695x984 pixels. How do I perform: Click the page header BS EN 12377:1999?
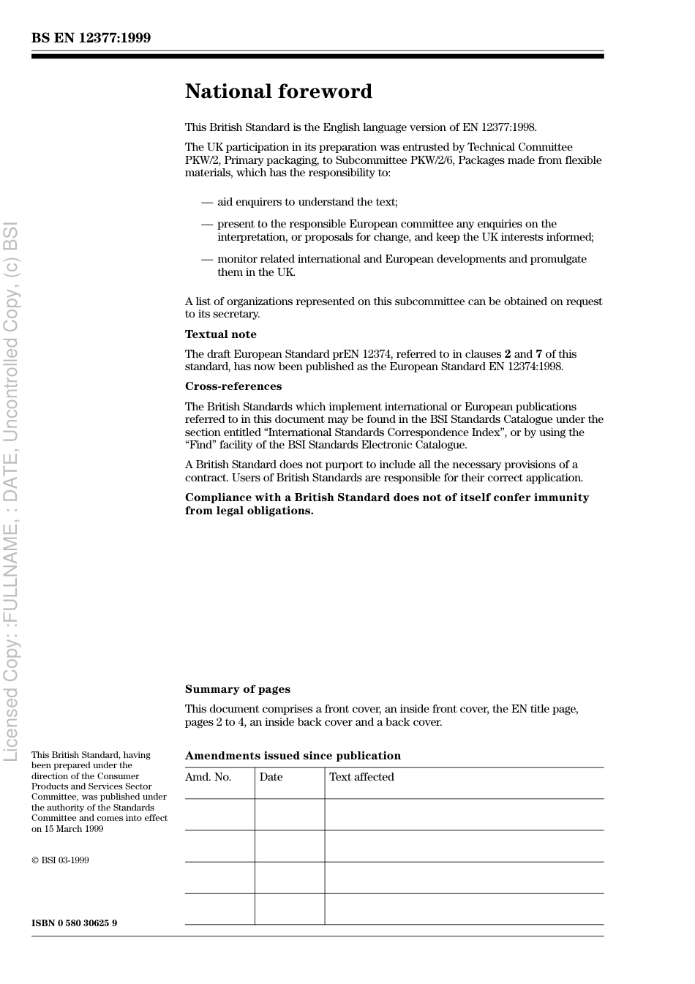91,38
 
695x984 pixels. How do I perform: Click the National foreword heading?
278,91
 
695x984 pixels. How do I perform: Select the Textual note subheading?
220,334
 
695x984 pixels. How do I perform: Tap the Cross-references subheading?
233,386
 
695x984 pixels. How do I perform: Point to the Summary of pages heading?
237,689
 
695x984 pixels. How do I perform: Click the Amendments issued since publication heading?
293,756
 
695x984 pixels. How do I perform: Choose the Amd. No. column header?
208,777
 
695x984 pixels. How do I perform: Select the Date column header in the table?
271,777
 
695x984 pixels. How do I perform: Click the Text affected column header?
361,777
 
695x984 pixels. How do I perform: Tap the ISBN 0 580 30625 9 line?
74,923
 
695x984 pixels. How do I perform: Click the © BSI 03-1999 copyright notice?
60,860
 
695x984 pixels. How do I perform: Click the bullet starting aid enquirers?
307,202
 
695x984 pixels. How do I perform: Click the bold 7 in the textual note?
538,354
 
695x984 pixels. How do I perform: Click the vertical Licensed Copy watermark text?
10,490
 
